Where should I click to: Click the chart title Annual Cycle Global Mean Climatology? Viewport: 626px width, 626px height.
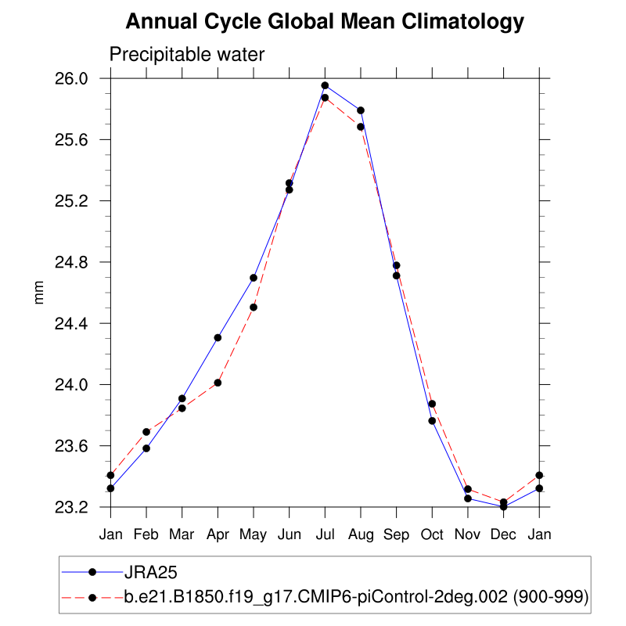[x=324, y=22]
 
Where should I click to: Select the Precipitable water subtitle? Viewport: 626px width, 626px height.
[x=187, y=55]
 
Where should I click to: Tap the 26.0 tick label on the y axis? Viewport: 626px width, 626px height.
[x=71, y=78]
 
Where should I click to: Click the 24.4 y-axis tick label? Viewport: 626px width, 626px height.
[x=71, y=323]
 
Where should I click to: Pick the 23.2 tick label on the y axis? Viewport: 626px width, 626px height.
[x=71, y=507]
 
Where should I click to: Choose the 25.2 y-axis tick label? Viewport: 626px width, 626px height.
[x=71, y=201]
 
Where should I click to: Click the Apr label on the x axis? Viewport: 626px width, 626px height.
[x=218, y=534]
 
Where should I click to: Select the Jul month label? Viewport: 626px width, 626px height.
[x=325, y=534]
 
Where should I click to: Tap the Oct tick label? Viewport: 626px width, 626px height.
[x=432, y=534]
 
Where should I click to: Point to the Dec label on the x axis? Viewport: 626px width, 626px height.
[x=503, y=534]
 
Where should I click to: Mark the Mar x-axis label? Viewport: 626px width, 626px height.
[x=182, y=534]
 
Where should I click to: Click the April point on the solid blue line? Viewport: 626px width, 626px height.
[x=218, y=337]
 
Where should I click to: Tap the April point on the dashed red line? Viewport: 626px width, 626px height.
[x=218, y=383]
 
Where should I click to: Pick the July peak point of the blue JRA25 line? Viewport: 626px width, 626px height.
[x=325, y=85]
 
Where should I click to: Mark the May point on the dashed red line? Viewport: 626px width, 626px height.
[x=254, y=307]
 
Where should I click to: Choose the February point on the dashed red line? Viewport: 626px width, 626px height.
[x=146, y=432]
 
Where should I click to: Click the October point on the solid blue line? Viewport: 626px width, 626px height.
[x=432, y=421]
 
